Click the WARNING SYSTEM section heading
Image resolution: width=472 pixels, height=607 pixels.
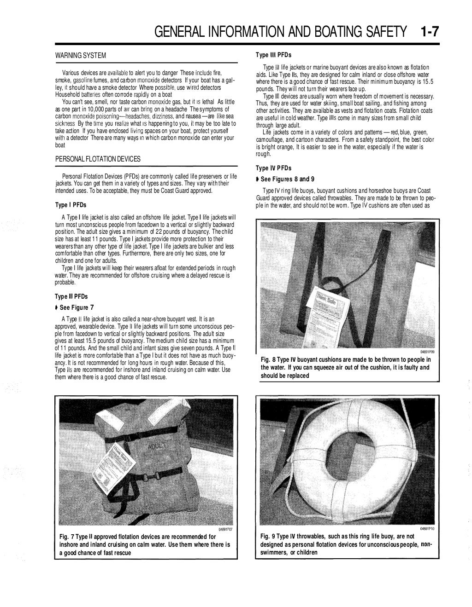(x=81, y=56)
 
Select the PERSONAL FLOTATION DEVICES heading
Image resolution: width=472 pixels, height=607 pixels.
(x=98, y=159)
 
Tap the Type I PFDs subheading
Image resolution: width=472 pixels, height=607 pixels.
(x=71, y=205)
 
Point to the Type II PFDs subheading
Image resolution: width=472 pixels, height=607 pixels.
(x=71, y=296)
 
